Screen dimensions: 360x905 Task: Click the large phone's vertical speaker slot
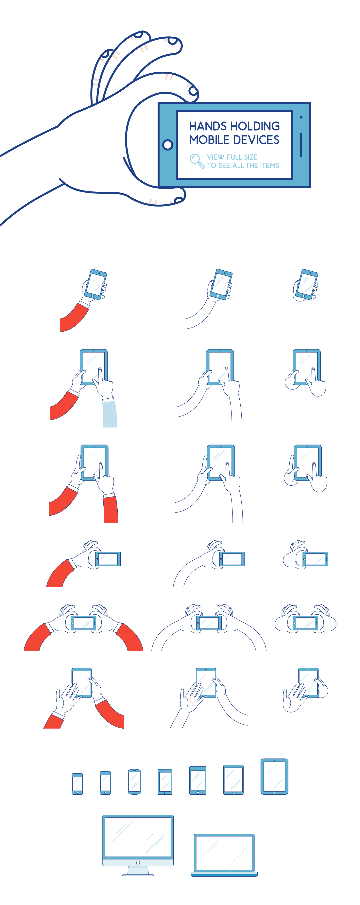coord(301,145)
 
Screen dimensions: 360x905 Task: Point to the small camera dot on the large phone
coord(301,117)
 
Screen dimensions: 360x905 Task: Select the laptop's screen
coord(224,853)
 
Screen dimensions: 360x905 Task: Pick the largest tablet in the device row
coord(274,776)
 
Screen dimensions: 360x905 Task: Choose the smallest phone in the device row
coord(77,784)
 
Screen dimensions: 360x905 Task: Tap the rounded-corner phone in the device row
coord(134,782)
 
